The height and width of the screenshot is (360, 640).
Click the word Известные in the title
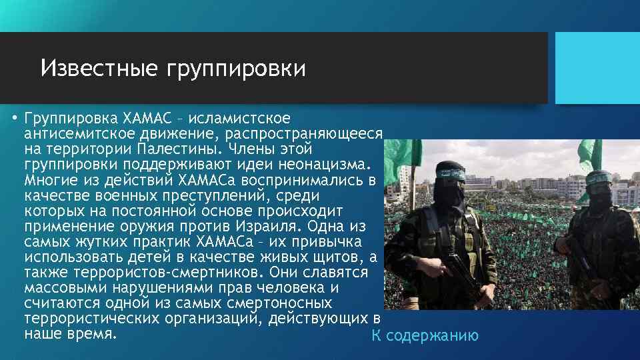tap(96, 68)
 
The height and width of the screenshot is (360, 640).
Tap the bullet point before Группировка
tap(13, 119)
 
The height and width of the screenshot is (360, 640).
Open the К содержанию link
tap(425, 335)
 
